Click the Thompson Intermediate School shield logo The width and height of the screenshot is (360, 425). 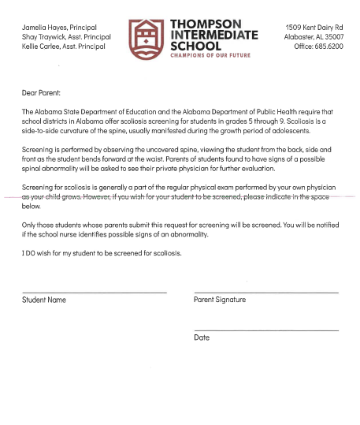pyautogui.click(x=146, y=35)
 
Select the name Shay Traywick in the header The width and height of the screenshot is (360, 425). pyautogui.click(x=44, y=37)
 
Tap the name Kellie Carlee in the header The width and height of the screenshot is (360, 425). pyautogui.click(x=43, y=47)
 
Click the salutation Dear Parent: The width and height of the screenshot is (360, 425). pyautogui.click(x=46, y=93)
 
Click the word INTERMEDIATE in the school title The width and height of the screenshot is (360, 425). pyautogui.click(x=214, y=35)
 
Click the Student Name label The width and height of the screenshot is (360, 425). pyautogui.click(x=44, y=300)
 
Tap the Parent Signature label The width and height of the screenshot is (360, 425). pyautogui.click(x=220, y=300)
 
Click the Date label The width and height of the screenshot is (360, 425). pyautogui.click(x=202, y=337)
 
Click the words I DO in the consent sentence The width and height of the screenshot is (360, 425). pyautogui.click(x=31, y=253)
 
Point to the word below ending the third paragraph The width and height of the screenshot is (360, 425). pyautogui.click(x=32, y=206)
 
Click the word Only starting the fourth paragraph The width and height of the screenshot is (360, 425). pyautogui.click(x=30, y=225)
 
